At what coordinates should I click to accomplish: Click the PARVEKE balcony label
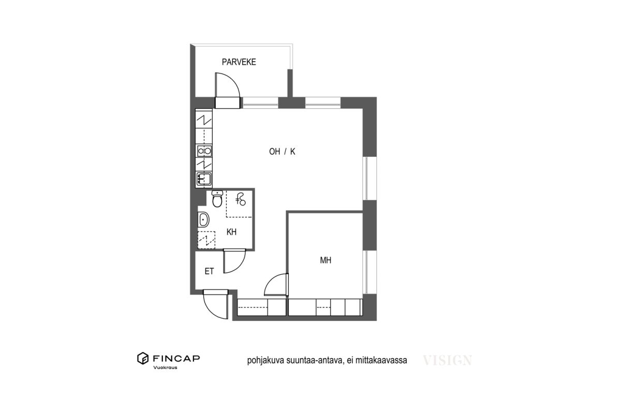(239, 62)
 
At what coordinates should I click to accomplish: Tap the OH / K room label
(282, 152)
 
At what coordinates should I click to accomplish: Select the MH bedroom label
(326, 260)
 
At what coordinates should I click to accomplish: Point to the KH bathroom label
(231, 232)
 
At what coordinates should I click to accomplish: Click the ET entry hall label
(209, 271)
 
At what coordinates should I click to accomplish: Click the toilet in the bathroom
(217, 199)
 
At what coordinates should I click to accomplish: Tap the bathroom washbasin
(203, 219)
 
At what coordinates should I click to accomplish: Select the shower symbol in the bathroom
(240, 199)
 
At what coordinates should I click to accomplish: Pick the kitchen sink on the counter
(204, 179)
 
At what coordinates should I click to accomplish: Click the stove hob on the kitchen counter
(204, 151)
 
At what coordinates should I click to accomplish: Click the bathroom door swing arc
(234, 261)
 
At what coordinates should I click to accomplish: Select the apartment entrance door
(215, 304)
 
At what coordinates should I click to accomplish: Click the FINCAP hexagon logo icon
(143, 358)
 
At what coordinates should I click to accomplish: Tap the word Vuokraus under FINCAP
(165, 368)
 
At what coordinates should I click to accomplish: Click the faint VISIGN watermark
(447, 361)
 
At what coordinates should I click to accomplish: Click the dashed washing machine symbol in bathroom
(206, 240)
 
